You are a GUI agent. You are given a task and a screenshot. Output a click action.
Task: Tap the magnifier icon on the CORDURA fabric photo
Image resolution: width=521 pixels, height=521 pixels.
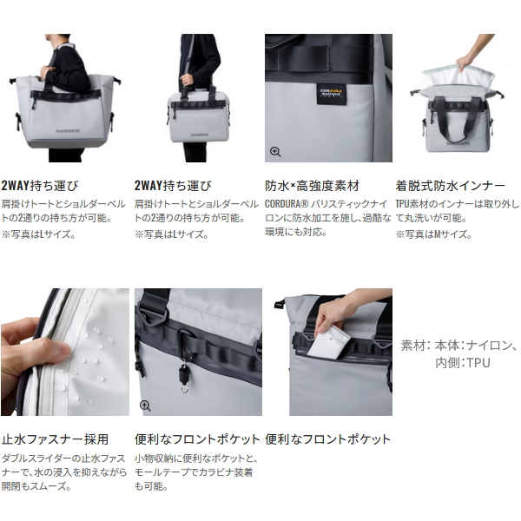pos(275,152)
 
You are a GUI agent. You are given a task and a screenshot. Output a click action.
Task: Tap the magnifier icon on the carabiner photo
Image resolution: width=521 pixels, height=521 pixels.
pos(145,406)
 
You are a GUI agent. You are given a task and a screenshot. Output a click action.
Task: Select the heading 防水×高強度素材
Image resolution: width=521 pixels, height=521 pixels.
pos(323,186)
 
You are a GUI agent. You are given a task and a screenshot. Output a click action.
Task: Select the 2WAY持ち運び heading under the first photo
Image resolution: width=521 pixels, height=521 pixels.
pos(42,186)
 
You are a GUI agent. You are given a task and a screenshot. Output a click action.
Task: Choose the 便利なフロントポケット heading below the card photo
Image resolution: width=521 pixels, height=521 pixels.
pos(328,439)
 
